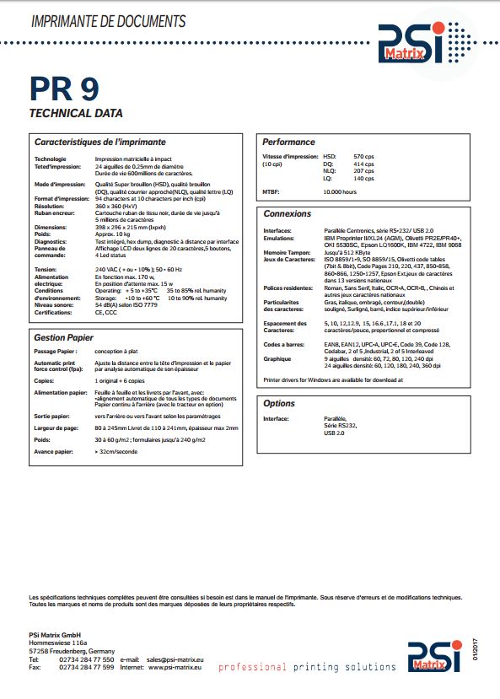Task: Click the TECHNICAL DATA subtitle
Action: (x=76, y=113)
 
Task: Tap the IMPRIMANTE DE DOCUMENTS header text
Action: (x=107, y=19)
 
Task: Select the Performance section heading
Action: (x=288, y=142)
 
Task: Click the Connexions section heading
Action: (x=288, y=213)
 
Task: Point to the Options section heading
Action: (x=279, y=404)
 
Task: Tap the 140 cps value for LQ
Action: (x=363, y=178)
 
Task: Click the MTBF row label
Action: (x=272, y=191)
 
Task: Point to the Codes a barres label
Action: (x=285, y=344)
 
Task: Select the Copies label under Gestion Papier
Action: (x=45, y=380)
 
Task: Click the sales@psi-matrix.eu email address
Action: (x=175, y=659)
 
